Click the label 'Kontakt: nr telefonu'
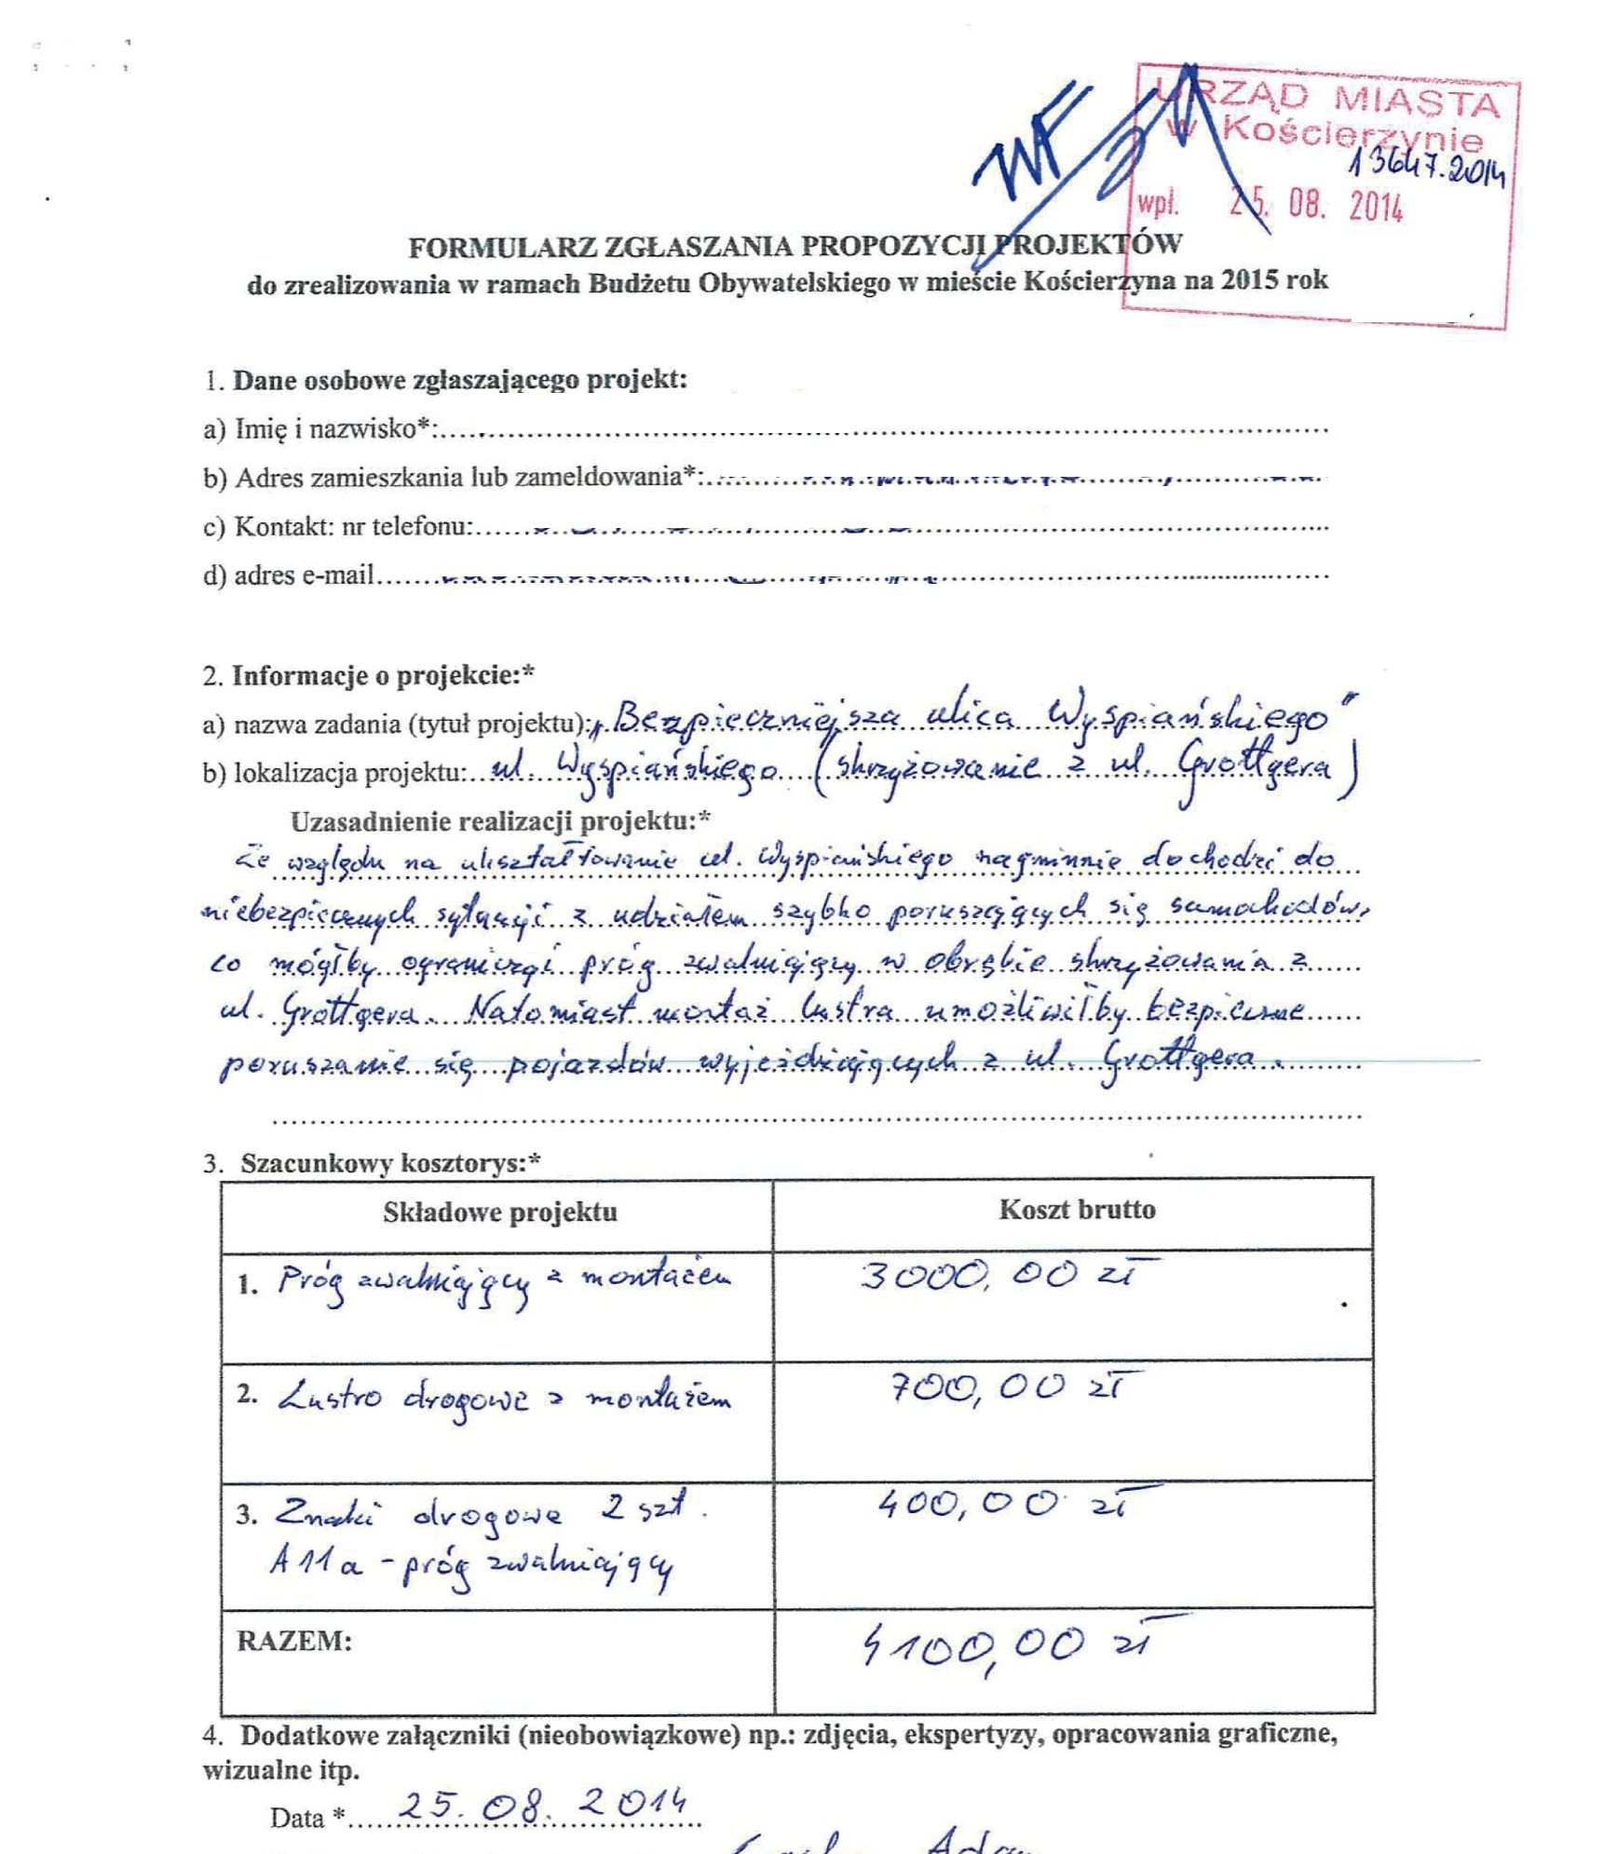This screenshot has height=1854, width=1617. click(x=349, y=527)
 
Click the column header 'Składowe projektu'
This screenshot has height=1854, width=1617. click(x=499, y=1211)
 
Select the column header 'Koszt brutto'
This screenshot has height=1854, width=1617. click(x=1077, y=1210)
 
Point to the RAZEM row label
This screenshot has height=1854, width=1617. click(x=294, y=1641)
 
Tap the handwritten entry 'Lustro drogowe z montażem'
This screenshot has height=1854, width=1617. click(x=503, y=1398)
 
